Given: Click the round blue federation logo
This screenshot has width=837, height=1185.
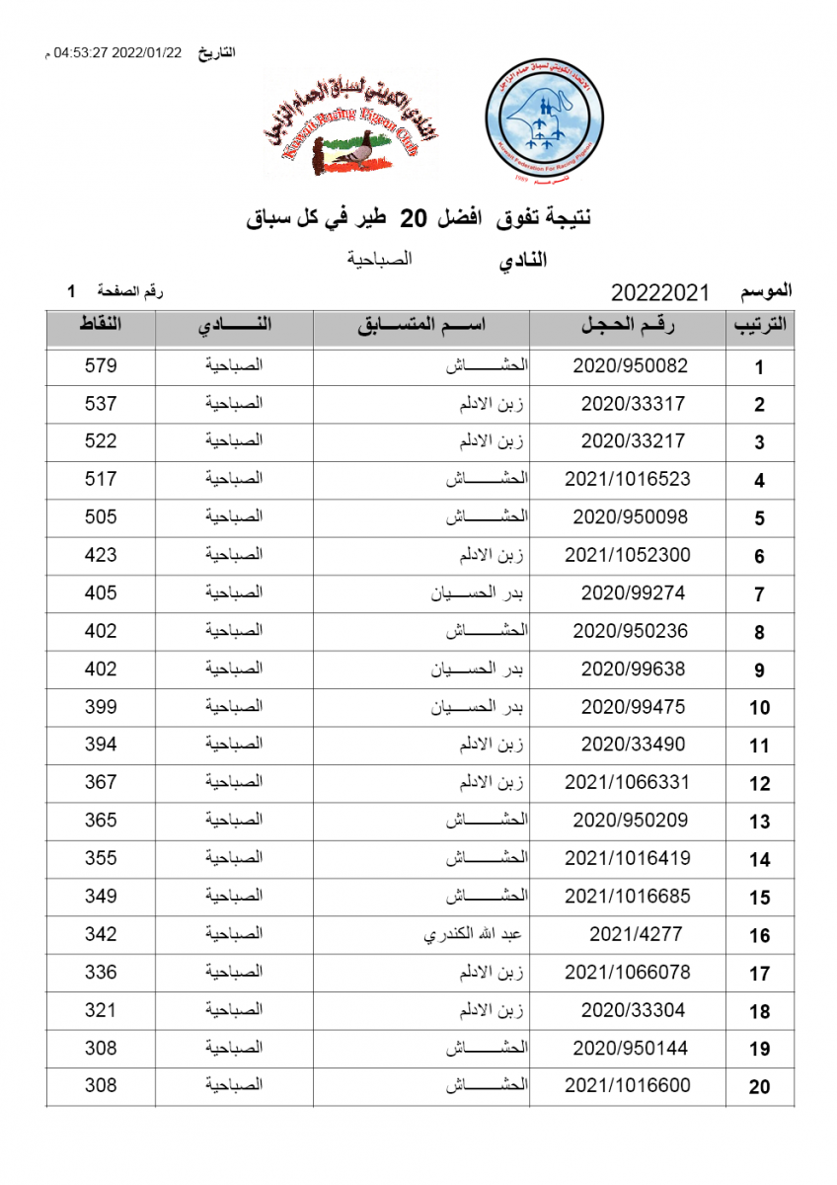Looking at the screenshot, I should (545, 129).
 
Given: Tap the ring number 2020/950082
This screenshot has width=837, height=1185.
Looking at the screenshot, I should (630, 365).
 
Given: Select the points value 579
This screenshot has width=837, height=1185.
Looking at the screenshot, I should (101, 365).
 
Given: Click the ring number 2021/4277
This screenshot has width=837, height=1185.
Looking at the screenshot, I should (636, 934).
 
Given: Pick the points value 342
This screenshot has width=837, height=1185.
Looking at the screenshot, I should (101, 934).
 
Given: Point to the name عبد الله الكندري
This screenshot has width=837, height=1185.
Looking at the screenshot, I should (473, 934).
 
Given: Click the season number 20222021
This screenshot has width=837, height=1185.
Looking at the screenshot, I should (661, 293).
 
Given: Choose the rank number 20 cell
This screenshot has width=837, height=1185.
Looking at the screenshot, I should (759, 1087).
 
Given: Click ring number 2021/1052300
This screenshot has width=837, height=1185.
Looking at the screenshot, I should (628, 555).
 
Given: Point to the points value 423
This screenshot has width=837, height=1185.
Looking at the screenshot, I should (101, 555).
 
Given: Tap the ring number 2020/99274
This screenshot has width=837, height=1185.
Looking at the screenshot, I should (633, 593).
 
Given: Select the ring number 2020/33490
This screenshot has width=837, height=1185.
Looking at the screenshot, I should (633, 745).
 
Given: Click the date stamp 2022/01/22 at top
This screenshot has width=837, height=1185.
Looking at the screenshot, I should (148, 52).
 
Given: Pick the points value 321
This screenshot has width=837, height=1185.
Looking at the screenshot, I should (101, 1010).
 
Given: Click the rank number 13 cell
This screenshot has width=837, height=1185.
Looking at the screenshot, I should (759, 822).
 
